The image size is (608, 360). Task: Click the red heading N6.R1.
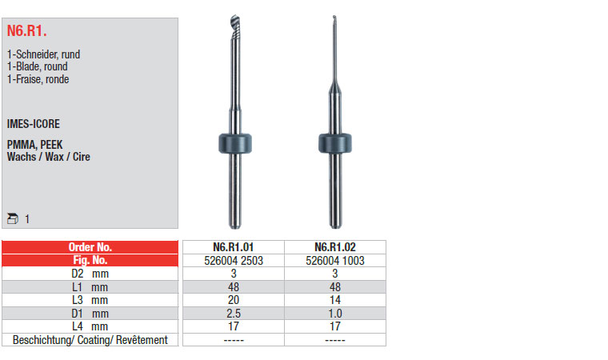tap(26, 30)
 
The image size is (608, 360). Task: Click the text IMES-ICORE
tap(34, 124)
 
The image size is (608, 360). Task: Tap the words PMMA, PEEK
tap(35, 145)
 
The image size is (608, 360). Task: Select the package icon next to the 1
tap(13, 218)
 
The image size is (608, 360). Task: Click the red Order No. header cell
tap(90, 247)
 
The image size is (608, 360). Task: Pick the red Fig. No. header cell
tap(90, 260)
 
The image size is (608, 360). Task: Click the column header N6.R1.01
tap(234, 247)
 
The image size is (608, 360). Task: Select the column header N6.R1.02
tap(335, 247)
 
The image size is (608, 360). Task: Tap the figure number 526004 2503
tap(234, 261)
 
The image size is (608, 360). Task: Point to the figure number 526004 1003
tap(335, 261)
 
